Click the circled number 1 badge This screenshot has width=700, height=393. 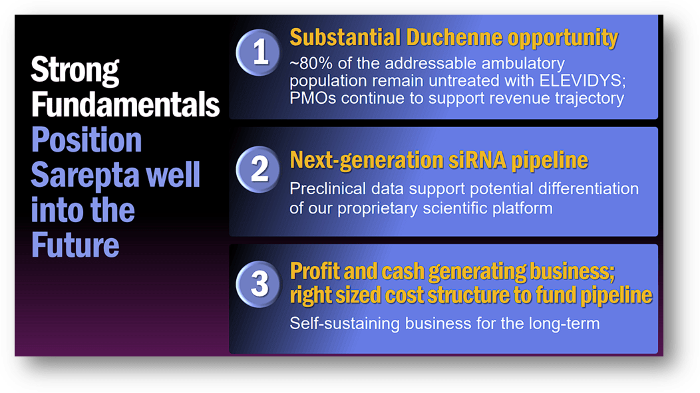tap(260, 53)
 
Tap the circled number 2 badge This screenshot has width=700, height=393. tap(260, 169)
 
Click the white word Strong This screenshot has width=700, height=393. tap(75, 70)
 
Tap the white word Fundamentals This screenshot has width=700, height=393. tap(125, 105)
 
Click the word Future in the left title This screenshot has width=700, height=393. tap(75, 245)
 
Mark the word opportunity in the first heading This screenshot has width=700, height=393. tap(562, 38)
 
